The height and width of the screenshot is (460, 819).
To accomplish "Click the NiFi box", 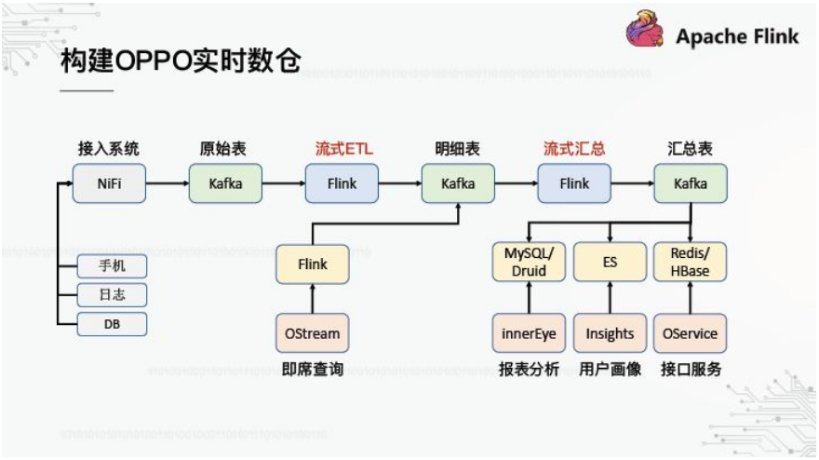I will (110, 183).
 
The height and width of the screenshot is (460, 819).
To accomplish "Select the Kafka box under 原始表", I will (226, 183).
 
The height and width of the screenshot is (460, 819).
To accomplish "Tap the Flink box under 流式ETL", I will (342, 183).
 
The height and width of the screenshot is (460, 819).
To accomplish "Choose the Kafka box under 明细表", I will (458, 183).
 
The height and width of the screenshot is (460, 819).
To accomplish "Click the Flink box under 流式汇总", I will (574, 183).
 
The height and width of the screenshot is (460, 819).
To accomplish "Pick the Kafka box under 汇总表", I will (691, 183).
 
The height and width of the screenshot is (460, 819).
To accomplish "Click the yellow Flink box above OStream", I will (313, 264).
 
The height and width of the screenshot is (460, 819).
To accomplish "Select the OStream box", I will (313, 333).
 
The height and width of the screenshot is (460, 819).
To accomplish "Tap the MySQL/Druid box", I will (528, 263).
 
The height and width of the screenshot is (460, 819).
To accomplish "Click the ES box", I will (610, 263).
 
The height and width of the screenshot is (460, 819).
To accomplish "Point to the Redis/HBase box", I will (691, 263).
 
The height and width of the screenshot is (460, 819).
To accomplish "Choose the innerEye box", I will (528, 333).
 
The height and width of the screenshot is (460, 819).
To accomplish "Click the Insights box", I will (610, 333).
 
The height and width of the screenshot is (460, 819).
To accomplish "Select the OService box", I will (691, 333).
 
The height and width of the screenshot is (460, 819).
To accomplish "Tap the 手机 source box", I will (112, 265).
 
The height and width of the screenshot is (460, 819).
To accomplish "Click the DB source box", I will (112, 323).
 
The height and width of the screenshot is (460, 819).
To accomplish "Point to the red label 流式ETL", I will (342, 149).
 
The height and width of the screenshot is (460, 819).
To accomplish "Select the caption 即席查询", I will (313, 370).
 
